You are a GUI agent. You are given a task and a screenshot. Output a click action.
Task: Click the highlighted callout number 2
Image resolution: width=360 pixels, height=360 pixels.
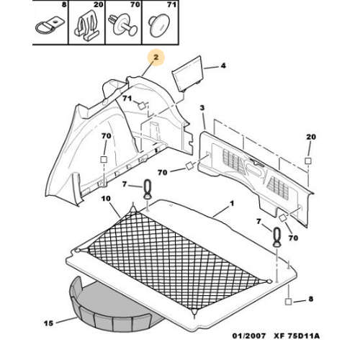156,58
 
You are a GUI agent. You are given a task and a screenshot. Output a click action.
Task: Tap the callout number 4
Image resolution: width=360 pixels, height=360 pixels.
223,66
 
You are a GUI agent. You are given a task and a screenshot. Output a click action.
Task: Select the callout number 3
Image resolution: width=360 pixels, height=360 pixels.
202,108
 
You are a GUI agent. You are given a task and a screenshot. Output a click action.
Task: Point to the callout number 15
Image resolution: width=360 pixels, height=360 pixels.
48,323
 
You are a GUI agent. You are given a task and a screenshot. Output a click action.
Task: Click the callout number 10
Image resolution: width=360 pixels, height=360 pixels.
106,199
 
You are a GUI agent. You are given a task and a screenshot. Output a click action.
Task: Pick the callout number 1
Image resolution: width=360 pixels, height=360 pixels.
232,204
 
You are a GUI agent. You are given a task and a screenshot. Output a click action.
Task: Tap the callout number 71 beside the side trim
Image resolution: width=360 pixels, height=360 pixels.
127,99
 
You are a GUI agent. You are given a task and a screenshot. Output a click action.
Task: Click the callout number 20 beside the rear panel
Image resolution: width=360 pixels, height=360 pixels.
311,137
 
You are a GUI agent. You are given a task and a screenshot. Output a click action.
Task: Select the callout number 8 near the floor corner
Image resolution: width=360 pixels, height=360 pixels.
311,299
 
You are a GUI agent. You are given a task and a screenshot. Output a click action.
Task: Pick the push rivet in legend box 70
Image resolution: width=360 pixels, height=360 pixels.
122,24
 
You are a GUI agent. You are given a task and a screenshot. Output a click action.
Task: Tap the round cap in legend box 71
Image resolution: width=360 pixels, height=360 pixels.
159,24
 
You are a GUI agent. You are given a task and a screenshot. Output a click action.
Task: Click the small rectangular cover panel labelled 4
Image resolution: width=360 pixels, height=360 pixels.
188,73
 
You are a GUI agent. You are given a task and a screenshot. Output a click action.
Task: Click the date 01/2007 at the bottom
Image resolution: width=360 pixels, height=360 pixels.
249,336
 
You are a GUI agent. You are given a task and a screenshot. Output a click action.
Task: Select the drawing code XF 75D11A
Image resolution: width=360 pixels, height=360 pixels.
297,336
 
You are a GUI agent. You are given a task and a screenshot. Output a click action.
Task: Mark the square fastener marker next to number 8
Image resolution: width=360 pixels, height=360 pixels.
288,302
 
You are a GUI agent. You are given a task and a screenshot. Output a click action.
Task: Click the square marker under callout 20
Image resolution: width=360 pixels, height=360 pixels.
308,161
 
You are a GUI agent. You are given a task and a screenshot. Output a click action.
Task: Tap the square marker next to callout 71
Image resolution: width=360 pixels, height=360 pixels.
142,106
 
